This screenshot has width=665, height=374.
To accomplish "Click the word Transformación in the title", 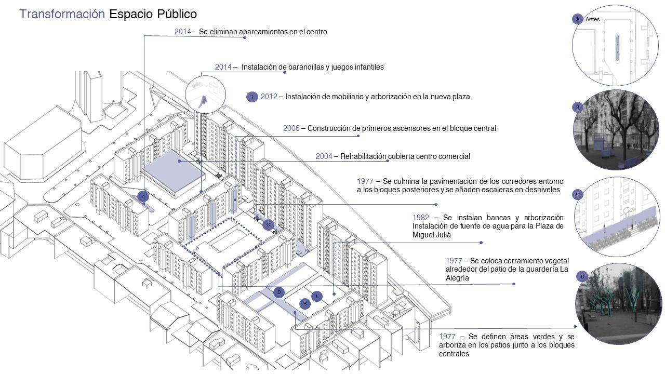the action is click(x=62, y=14).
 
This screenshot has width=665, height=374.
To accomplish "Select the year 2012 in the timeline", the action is click(x=269, y=97).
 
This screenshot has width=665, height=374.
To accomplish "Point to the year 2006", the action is click(x=291, y=128).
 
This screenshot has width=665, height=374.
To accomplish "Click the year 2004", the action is click(x=324, y=156).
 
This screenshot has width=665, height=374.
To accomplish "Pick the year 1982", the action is click(x=421, y=218).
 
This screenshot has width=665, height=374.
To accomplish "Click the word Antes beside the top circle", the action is click(x=593, y=19).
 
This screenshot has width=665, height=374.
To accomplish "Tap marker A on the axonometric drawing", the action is click(x=143, y=196).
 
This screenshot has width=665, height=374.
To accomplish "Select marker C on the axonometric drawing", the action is click(x=268, y=225).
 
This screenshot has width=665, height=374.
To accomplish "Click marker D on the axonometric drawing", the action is click(x=279, y=292).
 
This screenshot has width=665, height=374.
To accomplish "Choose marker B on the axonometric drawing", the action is click(x=305, y=303).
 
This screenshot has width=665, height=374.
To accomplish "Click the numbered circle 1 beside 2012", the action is click(x=252, y=97).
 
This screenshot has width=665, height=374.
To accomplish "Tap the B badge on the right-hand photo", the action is click(x=577, y=108).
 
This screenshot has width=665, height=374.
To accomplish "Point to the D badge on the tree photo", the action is click(x=582, y=277).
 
